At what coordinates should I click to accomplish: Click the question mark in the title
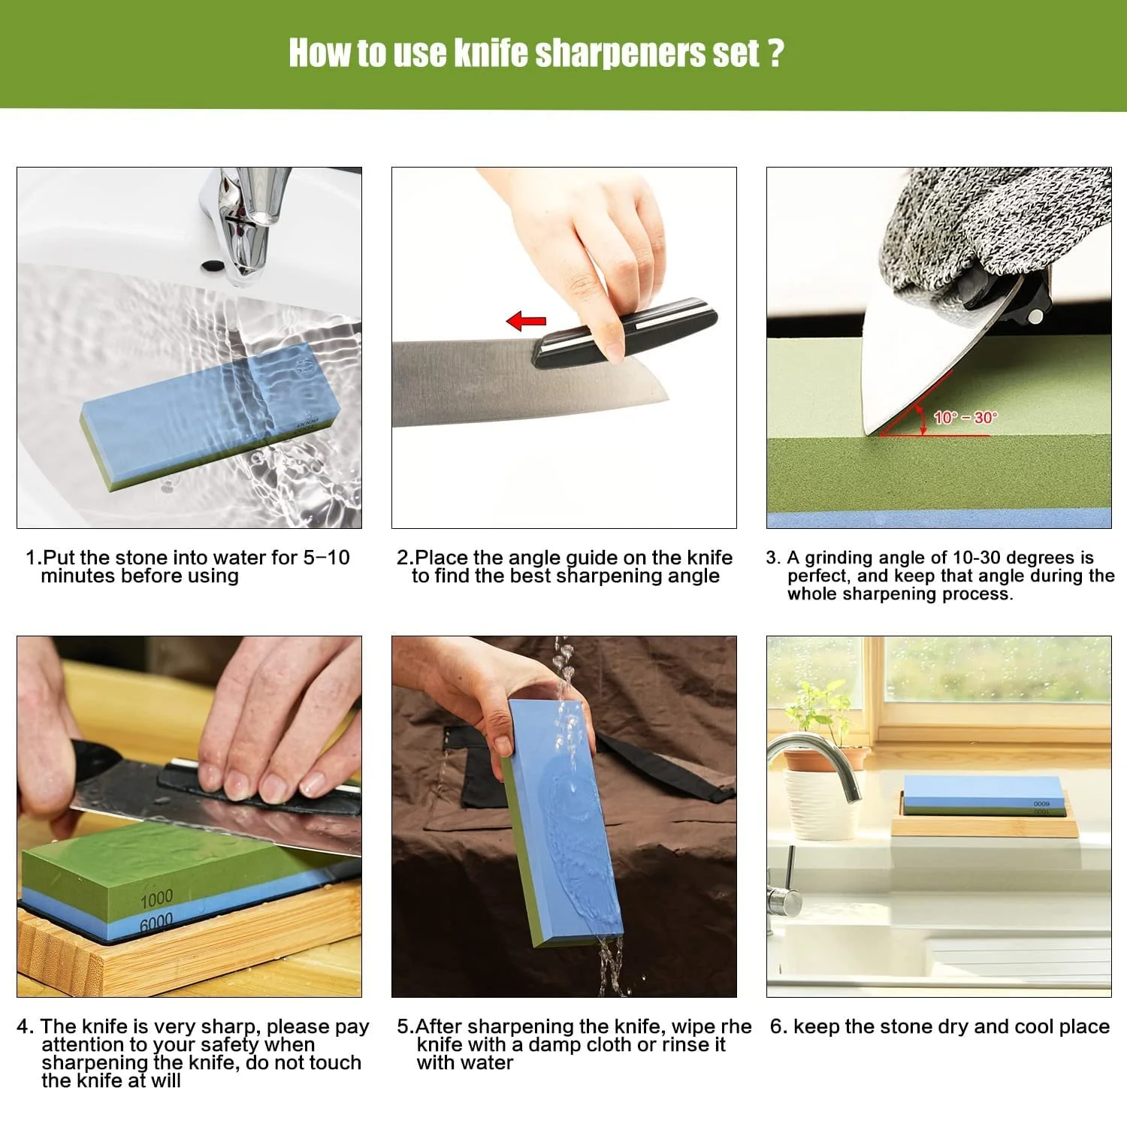776,53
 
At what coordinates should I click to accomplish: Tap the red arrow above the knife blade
526,322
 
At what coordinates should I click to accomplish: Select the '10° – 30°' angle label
965,418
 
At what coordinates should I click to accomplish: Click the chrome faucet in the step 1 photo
244,222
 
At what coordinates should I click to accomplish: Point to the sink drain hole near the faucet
213,265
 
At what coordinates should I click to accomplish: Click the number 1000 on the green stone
156,898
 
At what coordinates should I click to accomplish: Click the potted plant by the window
823,759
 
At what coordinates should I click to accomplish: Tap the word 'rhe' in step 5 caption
736,1027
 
